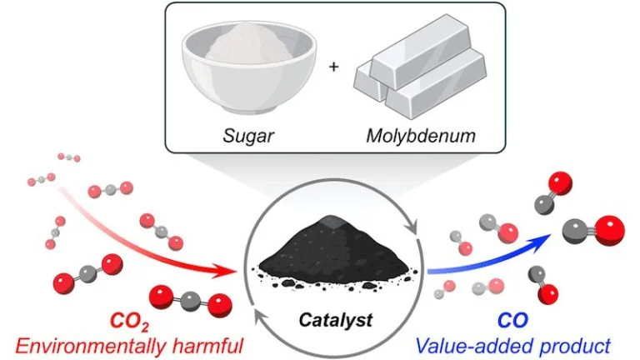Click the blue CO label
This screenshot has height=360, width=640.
(x=513, y=320)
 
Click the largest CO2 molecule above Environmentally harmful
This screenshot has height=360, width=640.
(x=187, y=297)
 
